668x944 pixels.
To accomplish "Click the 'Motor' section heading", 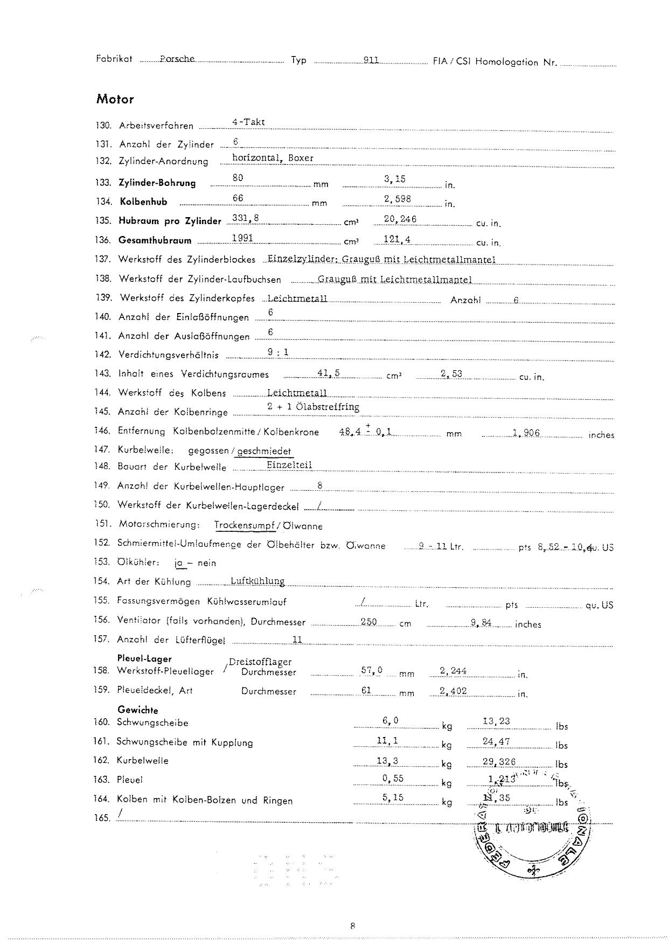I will (115, 99).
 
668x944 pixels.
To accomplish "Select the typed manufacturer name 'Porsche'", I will (177, 59).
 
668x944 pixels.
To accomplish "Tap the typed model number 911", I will (371, 60).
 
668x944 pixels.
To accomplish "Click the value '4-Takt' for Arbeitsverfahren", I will (248, 122).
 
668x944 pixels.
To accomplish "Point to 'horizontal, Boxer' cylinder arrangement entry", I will (273, 158).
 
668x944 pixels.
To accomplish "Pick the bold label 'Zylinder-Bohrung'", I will (157, 183).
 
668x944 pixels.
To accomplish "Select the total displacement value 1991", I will (242, 238).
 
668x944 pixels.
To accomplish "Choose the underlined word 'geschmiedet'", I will (264, 451).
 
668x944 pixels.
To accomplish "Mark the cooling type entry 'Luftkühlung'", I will (257, 581).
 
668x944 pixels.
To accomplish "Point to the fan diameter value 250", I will (368, 622).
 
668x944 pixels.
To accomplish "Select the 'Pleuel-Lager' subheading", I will (144, 658).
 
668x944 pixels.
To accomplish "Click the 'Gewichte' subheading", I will (137, 710).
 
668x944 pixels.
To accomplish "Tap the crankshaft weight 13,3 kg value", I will (387, 760).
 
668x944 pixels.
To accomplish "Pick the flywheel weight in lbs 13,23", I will (496, 721).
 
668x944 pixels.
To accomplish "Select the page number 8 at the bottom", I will (352, 927).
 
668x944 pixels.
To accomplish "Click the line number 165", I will (102, 818).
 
